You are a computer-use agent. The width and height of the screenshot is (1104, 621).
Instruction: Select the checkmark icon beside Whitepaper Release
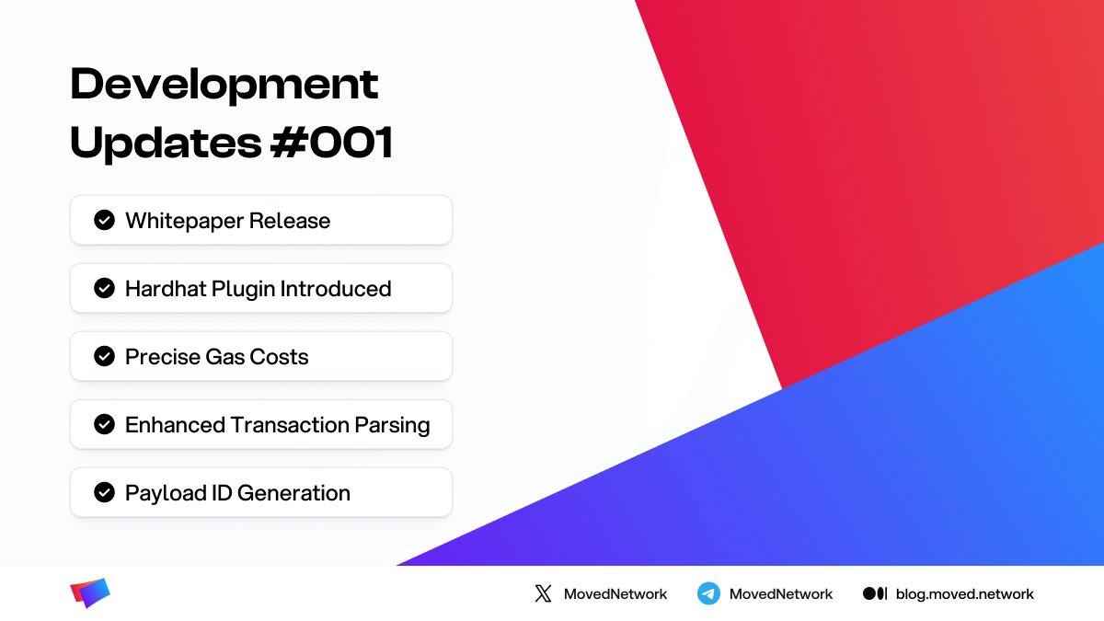tap(105, 220)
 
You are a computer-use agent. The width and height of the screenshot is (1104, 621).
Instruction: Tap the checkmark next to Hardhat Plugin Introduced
tap(105, 288)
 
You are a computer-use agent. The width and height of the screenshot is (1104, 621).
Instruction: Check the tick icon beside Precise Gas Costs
tap(105, 356)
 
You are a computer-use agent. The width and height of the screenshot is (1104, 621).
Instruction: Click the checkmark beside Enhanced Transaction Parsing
tap(105, 424)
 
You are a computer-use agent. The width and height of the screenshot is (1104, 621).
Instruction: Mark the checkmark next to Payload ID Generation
tap(105, 492)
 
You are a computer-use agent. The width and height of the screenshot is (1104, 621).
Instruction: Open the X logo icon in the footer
tap(543, 593)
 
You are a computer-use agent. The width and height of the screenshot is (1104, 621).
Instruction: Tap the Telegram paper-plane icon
tap(708, 593)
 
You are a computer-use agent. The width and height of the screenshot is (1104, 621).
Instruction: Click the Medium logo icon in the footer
tap(875, 593)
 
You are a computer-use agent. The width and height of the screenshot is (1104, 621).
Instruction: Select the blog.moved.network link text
tap(964, 594)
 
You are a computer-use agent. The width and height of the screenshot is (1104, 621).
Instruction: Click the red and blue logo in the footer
tap(90, 593)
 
